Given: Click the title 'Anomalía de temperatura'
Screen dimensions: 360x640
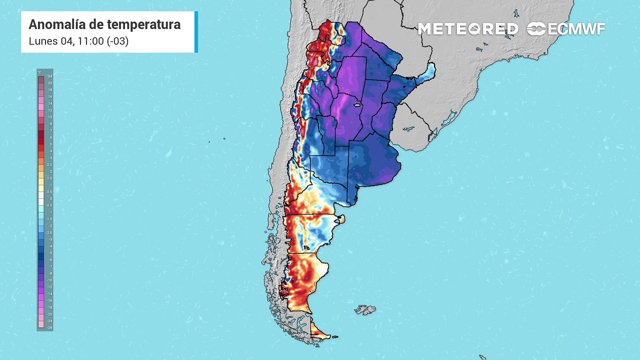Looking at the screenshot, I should click(104, 24).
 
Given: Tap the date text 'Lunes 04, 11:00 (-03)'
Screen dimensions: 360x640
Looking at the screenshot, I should click(78, 41).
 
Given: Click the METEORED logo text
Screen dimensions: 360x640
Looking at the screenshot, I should click(468, 29).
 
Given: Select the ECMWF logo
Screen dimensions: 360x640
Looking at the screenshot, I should click(566, 29).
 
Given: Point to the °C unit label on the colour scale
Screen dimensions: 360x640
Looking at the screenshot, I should click(40, 72).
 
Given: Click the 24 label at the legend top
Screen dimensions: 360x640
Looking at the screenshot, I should click(49, 76).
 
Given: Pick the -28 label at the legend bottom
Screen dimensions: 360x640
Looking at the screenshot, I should click(49, 327).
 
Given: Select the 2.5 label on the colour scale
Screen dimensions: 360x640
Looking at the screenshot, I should click(49, 164).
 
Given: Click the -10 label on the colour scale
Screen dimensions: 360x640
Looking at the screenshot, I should click(49, 280).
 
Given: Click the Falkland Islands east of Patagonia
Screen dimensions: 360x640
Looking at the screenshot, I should click(365, 310).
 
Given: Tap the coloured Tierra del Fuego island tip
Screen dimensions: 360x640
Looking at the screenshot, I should click(320, 332).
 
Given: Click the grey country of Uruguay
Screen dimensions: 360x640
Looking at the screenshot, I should click(410, 125).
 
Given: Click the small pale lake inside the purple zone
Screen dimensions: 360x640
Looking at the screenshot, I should click(357, 105).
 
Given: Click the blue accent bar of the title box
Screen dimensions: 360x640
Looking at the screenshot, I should click(196, 32).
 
